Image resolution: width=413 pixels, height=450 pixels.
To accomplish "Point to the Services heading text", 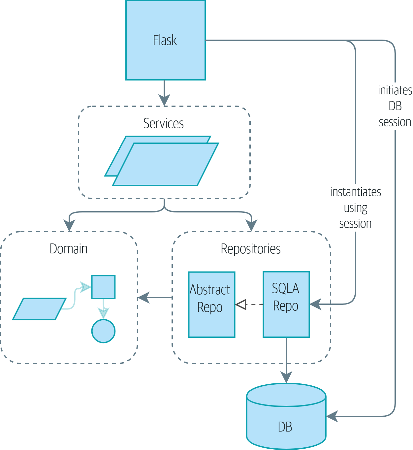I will [163, 123].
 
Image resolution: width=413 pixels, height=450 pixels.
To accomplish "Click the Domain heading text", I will [69, 249].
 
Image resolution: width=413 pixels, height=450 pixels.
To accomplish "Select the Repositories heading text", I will [250, 249].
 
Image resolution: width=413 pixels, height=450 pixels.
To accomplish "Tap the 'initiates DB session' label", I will [395, 106].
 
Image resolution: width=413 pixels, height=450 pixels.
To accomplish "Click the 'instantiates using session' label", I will [355, 208].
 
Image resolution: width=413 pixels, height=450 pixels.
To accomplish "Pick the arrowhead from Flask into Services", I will [164, 100].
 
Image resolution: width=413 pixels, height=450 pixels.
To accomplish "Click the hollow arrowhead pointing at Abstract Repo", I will [241, 305].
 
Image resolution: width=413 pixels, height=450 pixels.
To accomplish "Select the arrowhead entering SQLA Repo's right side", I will [315, 304].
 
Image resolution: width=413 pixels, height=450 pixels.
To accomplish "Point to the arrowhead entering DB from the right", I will [332, 416].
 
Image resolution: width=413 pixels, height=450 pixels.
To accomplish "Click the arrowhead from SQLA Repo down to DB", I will [286, 377].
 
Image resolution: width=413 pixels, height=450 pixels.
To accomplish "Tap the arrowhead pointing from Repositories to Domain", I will [143, 298].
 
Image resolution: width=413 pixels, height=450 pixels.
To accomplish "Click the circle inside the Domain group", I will [103, 331].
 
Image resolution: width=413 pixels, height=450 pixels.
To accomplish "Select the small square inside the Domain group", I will [103, 287].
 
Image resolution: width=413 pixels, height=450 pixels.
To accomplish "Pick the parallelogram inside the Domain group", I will [39, 309].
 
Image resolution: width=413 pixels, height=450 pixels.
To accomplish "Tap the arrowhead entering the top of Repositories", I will [252, 226].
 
